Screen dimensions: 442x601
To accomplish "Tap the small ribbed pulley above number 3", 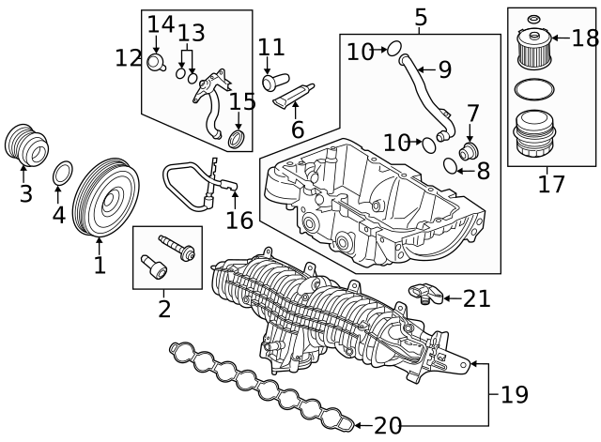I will (25, 144).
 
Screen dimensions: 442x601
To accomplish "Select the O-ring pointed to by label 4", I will (63, 175).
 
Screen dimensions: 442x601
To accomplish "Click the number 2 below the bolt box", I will (164, 307).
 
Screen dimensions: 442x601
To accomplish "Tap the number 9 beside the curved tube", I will (445, 69).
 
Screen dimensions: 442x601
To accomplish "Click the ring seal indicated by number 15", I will (240, 140).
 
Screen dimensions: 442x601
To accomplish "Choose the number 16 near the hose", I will (239, 220).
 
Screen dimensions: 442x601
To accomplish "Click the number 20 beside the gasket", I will (387, 425).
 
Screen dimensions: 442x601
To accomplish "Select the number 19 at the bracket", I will (514, 394).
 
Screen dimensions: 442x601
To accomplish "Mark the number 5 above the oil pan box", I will (420, 16).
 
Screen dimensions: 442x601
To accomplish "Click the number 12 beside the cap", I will (129, 57).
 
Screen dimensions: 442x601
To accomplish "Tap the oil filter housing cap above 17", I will (532, 135).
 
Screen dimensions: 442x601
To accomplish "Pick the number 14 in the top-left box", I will (161, 23).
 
